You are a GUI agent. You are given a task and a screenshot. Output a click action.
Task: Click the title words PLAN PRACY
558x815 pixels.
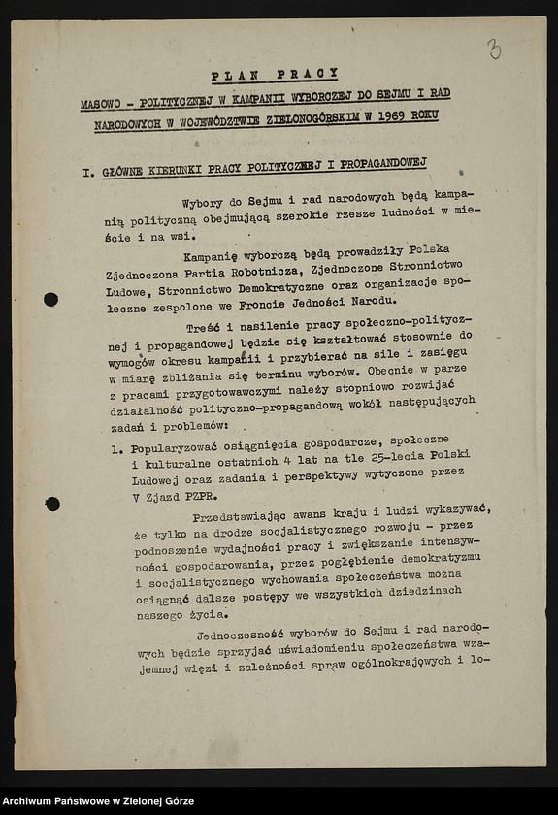point(275,75)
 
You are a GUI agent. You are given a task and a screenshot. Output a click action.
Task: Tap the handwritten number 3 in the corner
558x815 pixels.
point(495,49)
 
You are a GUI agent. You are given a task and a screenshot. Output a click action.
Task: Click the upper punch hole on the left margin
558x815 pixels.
point(50,299)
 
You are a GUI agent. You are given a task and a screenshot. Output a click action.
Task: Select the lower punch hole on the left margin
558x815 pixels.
point(51,504)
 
